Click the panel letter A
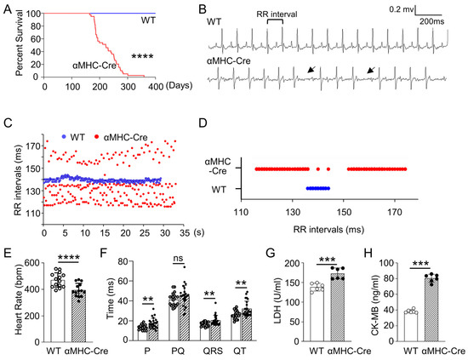pos(6,9)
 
